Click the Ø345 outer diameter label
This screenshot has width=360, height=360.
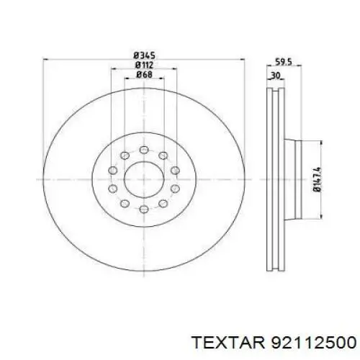pyautogui.click(x=144, y=55)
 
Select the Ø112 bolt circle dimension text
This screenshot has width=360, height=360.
pyautogui.click(x=144, y=65)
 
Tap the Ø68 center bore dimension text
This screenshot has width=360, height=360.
pyautogui.click(x=144, y=74)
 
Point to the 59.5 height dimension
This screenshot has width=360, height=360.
pyautogui.click(x=284, y=62)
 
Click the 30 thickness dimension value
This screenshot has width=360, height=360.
pyautogui.click(x=276, y=76)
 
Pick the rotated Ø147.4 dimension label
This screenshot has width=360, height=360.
pyautogui.click(x=317, y=179)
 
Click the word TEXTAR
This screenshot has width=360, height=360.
pyautogui.click(x=228, y=342)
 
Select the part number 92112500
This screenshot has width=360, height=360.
pyautogui.click(x=313, y=342)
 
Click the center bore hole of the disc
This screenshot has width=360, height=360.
pyautogui.click(x=144, y=179)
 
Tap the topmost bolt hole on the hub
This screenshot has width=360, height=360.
pyautogui.click(x=144, y=150)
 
